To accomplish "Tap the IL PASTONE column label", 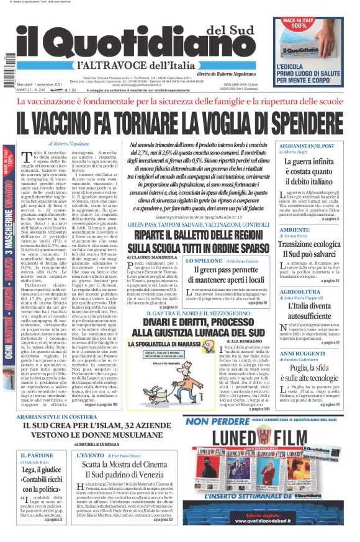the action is coord(34,455).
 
